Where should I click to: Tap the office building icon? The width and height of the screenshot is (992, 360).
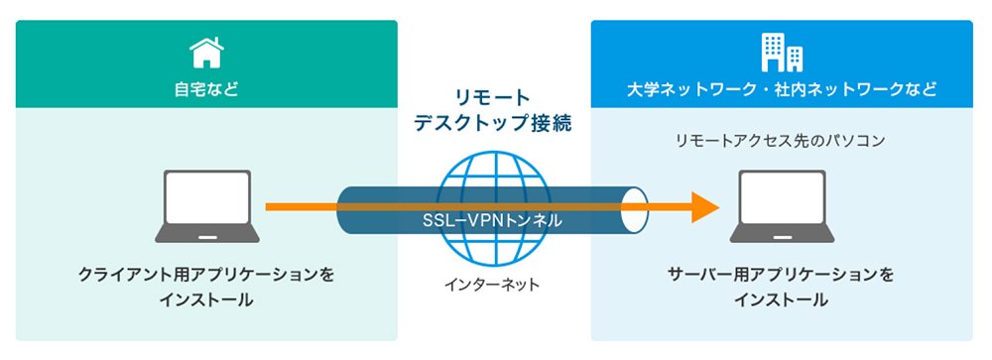(782, 52)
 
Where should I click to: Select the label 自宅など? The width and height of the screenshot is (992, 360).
(207, 89)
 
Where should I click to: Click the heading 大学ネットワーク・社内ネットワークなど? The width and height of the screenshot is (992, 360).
(782, 89)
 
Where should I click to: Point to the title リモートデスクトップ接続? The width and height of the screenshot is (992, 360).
(493, 110)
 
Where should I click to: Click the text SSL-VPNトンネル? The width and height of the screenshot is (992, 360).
(492, 220)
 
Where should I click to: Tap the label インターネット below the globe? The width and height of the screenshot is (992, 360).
(492, 285)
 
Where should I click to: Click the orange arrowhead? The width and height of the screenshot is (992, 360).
(705, 207)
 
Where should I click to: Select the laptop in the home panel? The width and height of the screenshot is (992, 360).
(207, 206)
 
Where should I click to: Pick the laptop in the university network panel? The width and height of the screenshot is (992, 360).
(782, 206)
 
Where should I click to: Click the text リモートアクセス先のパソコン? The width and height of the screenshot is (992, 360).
(782, 141)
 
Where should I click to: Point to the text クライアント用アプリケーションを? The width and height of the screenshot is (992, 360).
(206, 276)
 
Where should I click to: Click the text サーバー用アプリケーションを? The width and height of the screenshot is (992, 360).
(782, 276)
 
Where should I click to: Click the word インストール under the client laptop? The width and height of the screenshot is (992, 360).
(206, 300)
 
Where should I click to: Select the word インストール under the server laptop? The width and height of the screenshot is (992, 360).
(782, 300)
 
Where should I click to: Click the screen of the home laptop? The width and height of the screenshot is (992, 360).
(207, 197)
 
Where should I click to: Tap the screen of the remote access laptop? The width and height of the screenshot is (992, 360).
(782, 197)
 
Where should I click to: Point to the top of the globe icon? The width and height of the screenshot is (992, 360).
(491, 152)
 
